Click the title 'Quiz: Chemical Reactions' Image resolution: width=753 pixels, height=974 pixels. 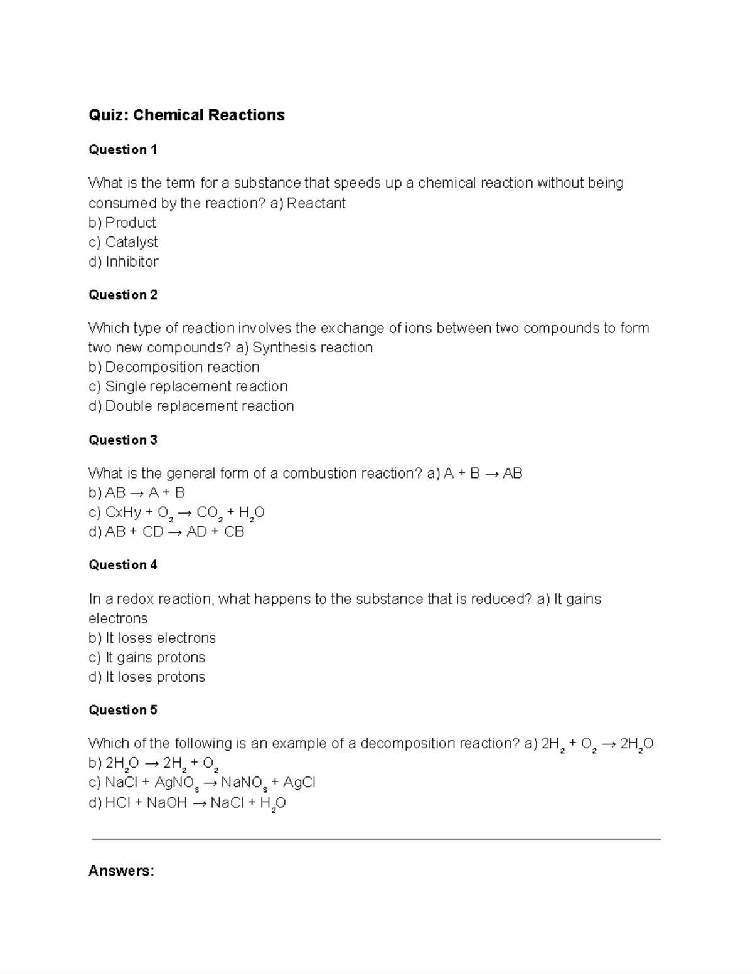(186, 115)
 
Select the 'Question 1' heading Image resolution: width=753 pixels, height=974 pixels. (122, 150)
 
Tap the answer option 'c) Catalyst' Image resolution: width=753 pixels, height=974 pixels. (123, 242)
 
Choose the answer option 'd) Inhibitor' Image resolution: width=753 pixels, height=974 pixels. (123, 262)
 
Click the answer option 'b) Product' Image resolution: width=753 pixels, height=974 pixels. (122, 223)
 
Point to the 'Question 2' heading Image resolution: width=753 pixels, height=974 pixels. (122, 295)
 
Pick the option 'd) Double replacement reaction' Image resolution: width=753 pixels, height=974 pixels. (191, 406)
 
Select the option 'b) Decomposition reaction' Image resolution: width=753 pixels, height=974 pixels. (174, 367)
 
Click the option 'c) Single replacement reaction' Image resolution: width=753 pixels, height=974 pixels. (188, 387)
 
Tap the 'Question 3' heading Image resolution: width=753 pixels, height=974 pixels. (122, 440)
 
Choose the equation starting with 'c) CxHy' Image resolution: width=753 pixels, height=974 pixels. (176, 513)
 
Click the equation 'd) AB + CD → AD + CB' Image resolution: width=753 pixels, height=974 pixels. (166, 532)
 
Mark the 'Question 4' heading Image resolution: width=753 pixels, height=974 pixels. (122, 565)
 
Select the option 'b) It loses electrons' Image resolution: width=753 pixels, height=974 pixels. (152, 638)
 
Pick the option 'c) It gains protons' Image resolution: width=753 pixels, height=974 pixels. (147, 657)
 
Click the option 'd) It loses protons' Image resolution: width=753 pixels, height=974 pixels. (147, 677)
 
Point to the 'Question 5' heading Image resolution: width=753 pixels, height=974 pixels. (122, 710)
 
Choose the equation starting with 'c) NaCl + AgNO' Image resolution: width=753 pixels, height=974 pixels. (201, 783)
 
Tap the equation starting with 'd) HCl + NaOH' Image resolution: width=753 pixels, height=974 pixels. (187, 803)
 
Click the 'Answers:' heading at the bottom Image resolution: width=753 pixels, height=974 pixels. (121, 871)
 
